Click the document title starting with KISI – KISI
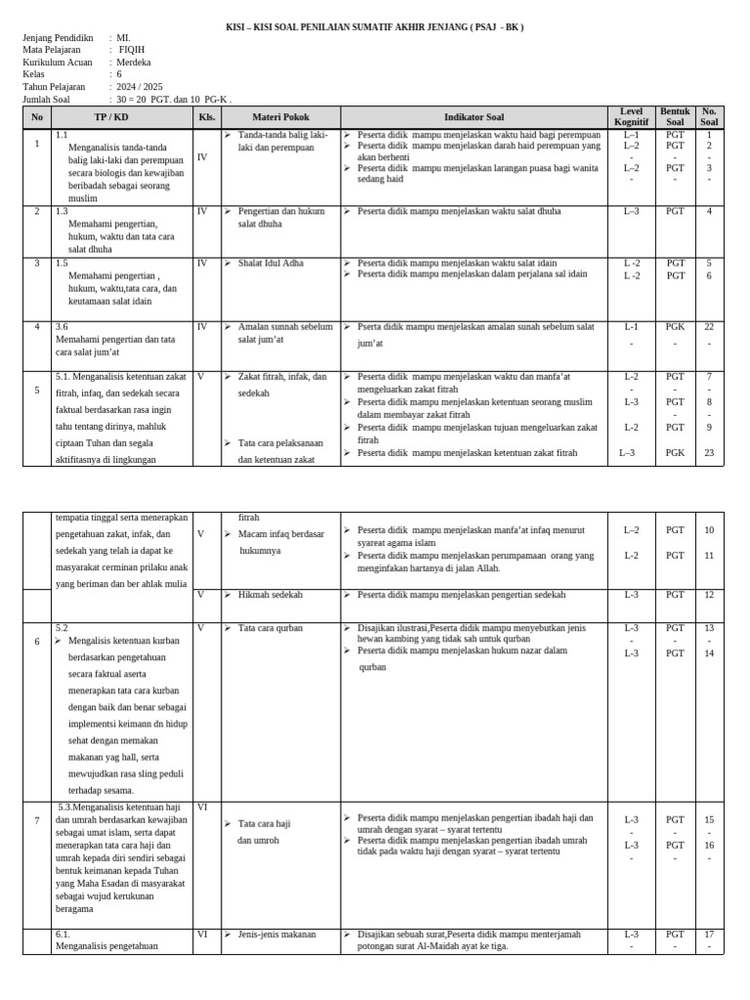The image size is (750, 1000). click(x=374, y=27)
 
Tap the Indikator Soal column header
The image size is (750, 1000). click(x=474, y=117)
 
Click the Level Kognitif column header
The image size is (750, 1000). click(x=631, y=117)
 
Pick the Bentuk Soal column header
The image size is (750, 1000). click(x=675, y=117)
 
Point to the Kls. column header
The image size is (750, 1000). click(x=206, y=117)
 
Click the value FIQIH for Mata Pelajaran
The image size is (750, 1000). click(x=132, y=49)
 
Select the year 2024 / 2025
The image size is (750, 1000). click(x=140, y=87)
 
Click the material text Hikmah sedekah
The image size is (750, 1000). click(x=271, y=594)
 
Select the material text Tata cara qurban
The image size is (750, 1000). click(x=271, y=628)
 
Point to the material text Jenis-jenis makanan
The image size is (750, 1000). click(x=277, y=934)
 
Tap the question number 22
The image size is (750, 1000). click(x=709, y=327)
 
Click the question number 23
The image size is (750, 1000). click(x=709, y=452)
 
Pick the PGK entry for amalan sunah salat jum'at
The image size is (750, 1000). click(x=675, y=327)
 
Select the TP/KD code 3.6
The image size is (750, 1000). click(x=62, y=327)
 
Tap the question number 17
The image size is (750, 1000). click(x=709, y=934)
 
